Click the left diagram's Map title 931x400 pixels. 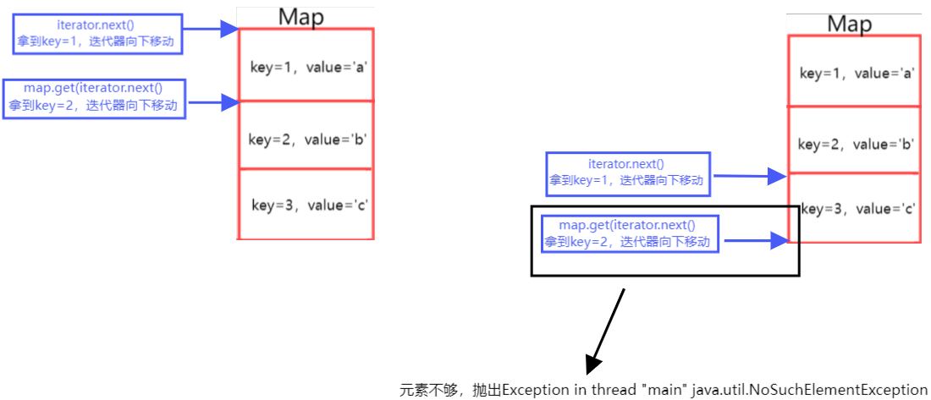(300, 18)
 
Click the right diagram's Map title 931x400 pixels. (849, 25)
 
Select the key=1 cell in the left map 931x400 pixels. (306, 65)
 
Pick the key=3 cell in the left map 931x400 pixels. (306, 205)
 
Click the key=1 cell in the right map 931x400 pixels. (855, 73)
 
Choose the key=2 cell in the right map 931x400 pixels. (855, 143)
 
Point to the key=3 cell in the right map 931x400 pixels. (855, 209)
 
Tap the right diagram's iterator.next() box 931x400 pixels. (626, 173)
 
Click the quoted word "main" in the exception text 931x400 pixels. (662, 389)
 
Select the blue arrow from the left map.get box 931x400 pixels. (213, 103)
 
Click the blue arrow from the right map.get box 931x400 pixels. (753, 241)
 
